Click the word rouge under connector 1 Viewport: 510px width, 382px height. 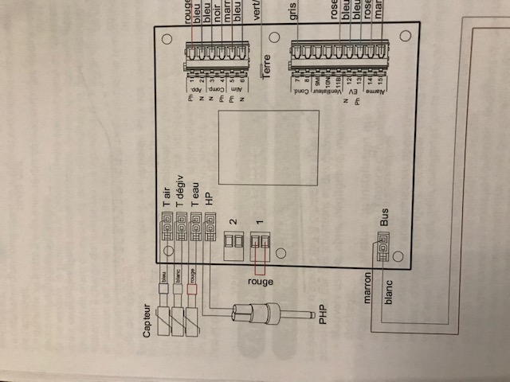click(x=260, y=283)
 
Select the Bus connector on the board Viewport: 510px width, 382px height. click(x=383, y=249)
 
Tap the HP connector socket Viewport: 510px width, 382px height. click(x=210, y=231)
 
